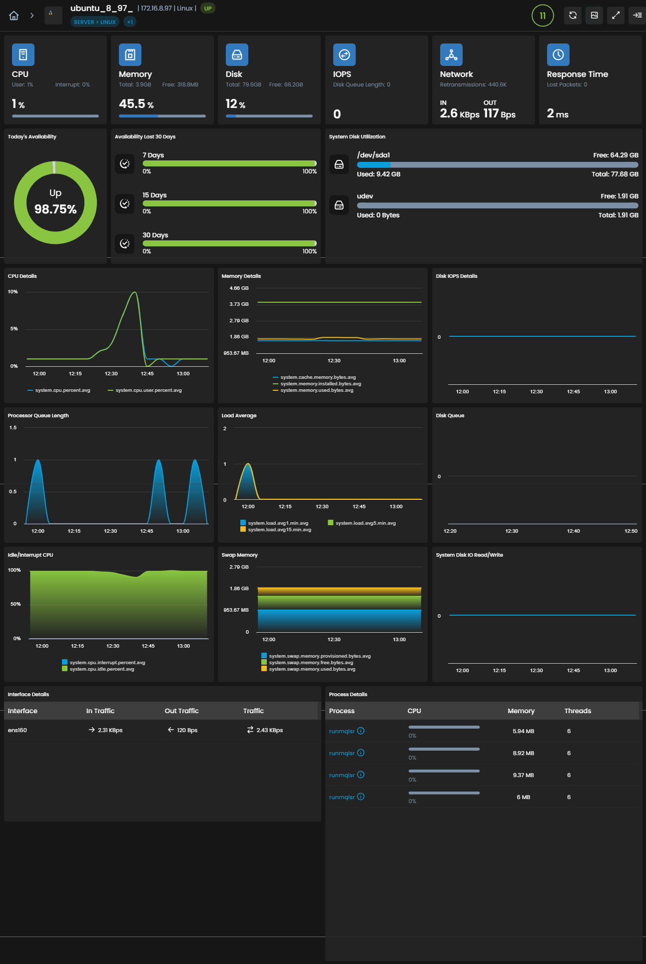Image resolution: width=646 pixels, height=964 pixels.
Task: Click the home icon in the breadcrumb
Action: pos(14,15)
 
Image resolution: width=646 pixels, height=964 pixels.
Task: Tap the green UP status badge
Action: pos(208,8)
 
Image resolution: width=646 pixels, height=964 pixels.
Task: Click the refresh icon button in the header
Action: pos(573,15)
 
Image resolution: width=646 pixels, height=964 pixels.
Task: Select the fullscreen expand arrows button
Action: pos(616,15)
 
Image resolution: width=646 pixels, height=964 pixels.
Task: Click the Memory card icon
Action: pos(130,54)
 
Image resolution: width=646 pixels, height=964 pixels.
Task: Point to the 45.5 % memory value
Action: pos(136,104)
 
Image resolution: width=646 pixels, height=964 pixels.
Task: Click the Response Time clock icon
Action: pos(558,54)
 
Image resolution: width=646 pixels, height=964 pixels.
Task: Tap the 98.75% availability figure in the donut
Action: pos(55,209)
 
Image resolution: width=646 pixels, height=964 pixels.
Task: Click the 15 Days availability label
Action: pos(154,195)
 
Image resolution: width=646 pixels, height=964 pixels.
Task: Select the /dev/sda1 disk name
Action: pos(373,155)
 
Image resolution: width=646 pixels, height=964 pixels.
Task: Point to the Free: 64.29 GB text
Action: pos(616,155)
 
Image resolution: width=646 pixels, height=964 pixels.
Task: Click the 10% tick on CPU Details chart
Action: pos(13,292)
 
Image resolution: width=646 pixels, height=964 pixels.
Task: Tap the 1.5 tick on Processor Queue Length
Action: pos(13,428)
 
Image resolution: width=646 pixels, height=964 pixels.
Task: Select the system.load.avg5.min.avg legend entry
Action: pos(362,523)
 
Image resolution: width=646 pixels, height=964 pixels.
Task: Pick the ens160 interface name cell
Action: pos(17,730)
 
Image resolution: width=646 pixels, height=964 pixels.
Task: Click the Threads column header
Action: pos(578,711)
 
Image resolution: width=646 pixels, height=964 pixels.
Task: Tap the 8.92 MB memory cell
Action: pos(523,753)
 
